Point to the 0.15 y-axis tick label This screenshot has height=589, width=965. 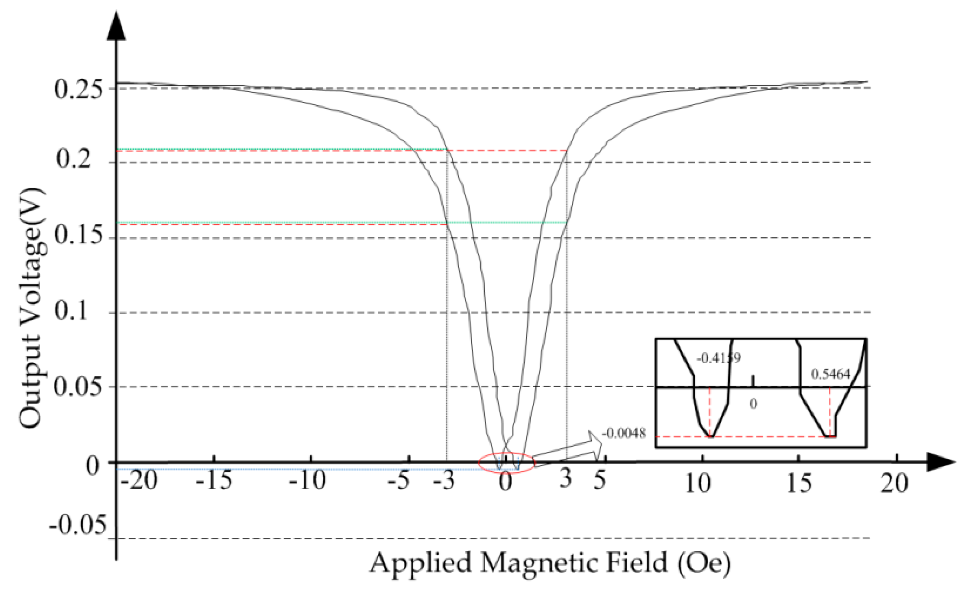79,236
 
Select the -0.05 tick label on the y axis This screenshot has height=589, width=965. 77,525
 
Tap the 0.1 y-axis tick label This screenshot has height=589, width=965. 71,312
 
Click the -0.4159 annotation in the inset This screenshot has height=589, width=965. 719,358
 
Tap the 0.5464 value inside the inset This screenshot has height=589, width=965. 831,374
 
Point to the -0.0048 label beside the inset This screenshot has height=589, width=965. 623,434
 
